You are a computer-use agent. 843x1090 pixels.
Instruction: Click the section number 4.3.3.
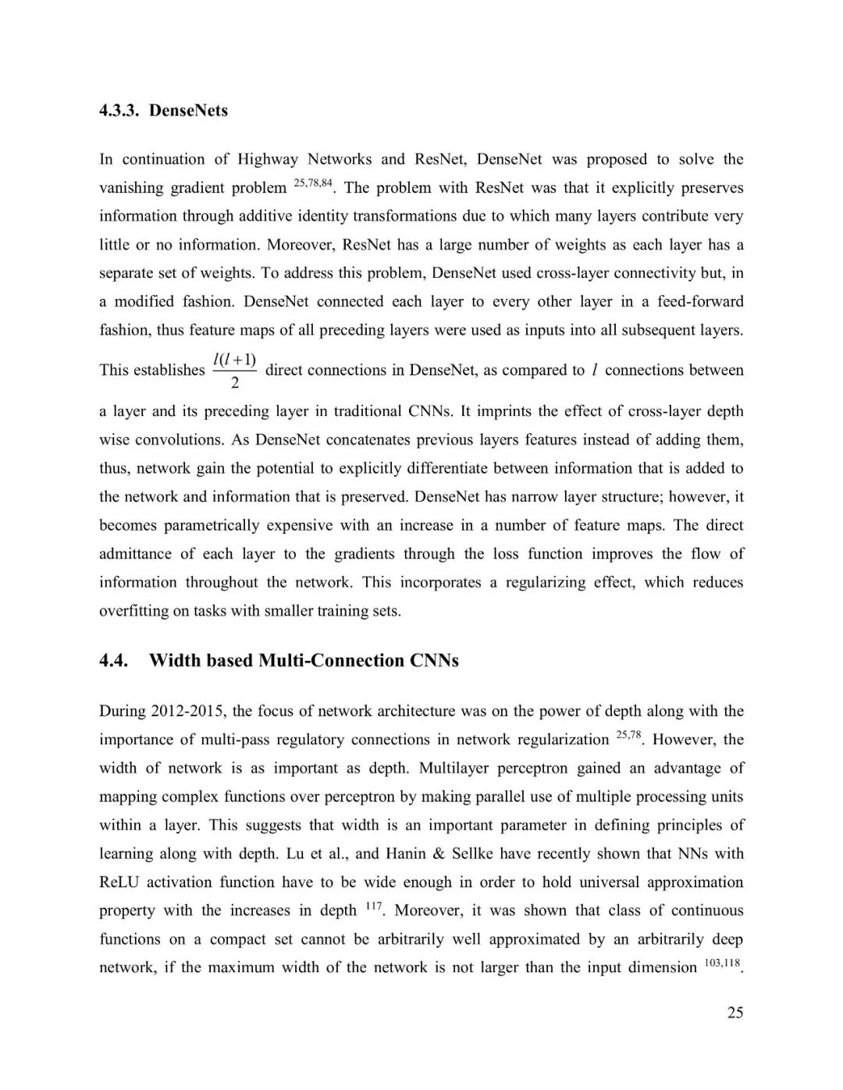tap(119, 111)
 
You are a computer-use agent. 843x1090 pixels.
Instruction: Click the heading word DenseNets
tap(188, 111)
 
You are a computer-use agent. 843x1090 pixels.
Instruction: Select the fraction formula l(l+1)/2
tap(235, 370)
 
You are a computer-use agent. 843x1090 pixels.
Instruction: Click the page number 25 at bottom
tap(735, 1013)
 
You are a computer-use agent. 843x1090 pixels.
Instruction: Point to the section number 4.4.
tap(114, 661)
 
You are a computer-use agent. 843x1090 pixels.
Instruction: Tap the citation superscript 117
tap(374, 907)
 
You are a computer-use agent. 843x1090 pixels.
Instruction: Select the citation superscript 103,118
tap(722, 964)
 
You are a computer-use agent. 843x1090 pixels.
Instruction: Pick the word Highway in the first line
tap(268, 159)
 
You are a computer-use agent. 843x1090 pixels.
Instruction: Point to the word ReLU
tap(119, 882)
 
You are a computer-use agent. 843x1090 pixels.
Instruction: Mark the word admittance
tap(135, 554)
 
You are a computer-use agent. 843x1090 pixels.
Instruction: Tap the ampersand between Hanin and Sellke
tap(438, 854)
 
